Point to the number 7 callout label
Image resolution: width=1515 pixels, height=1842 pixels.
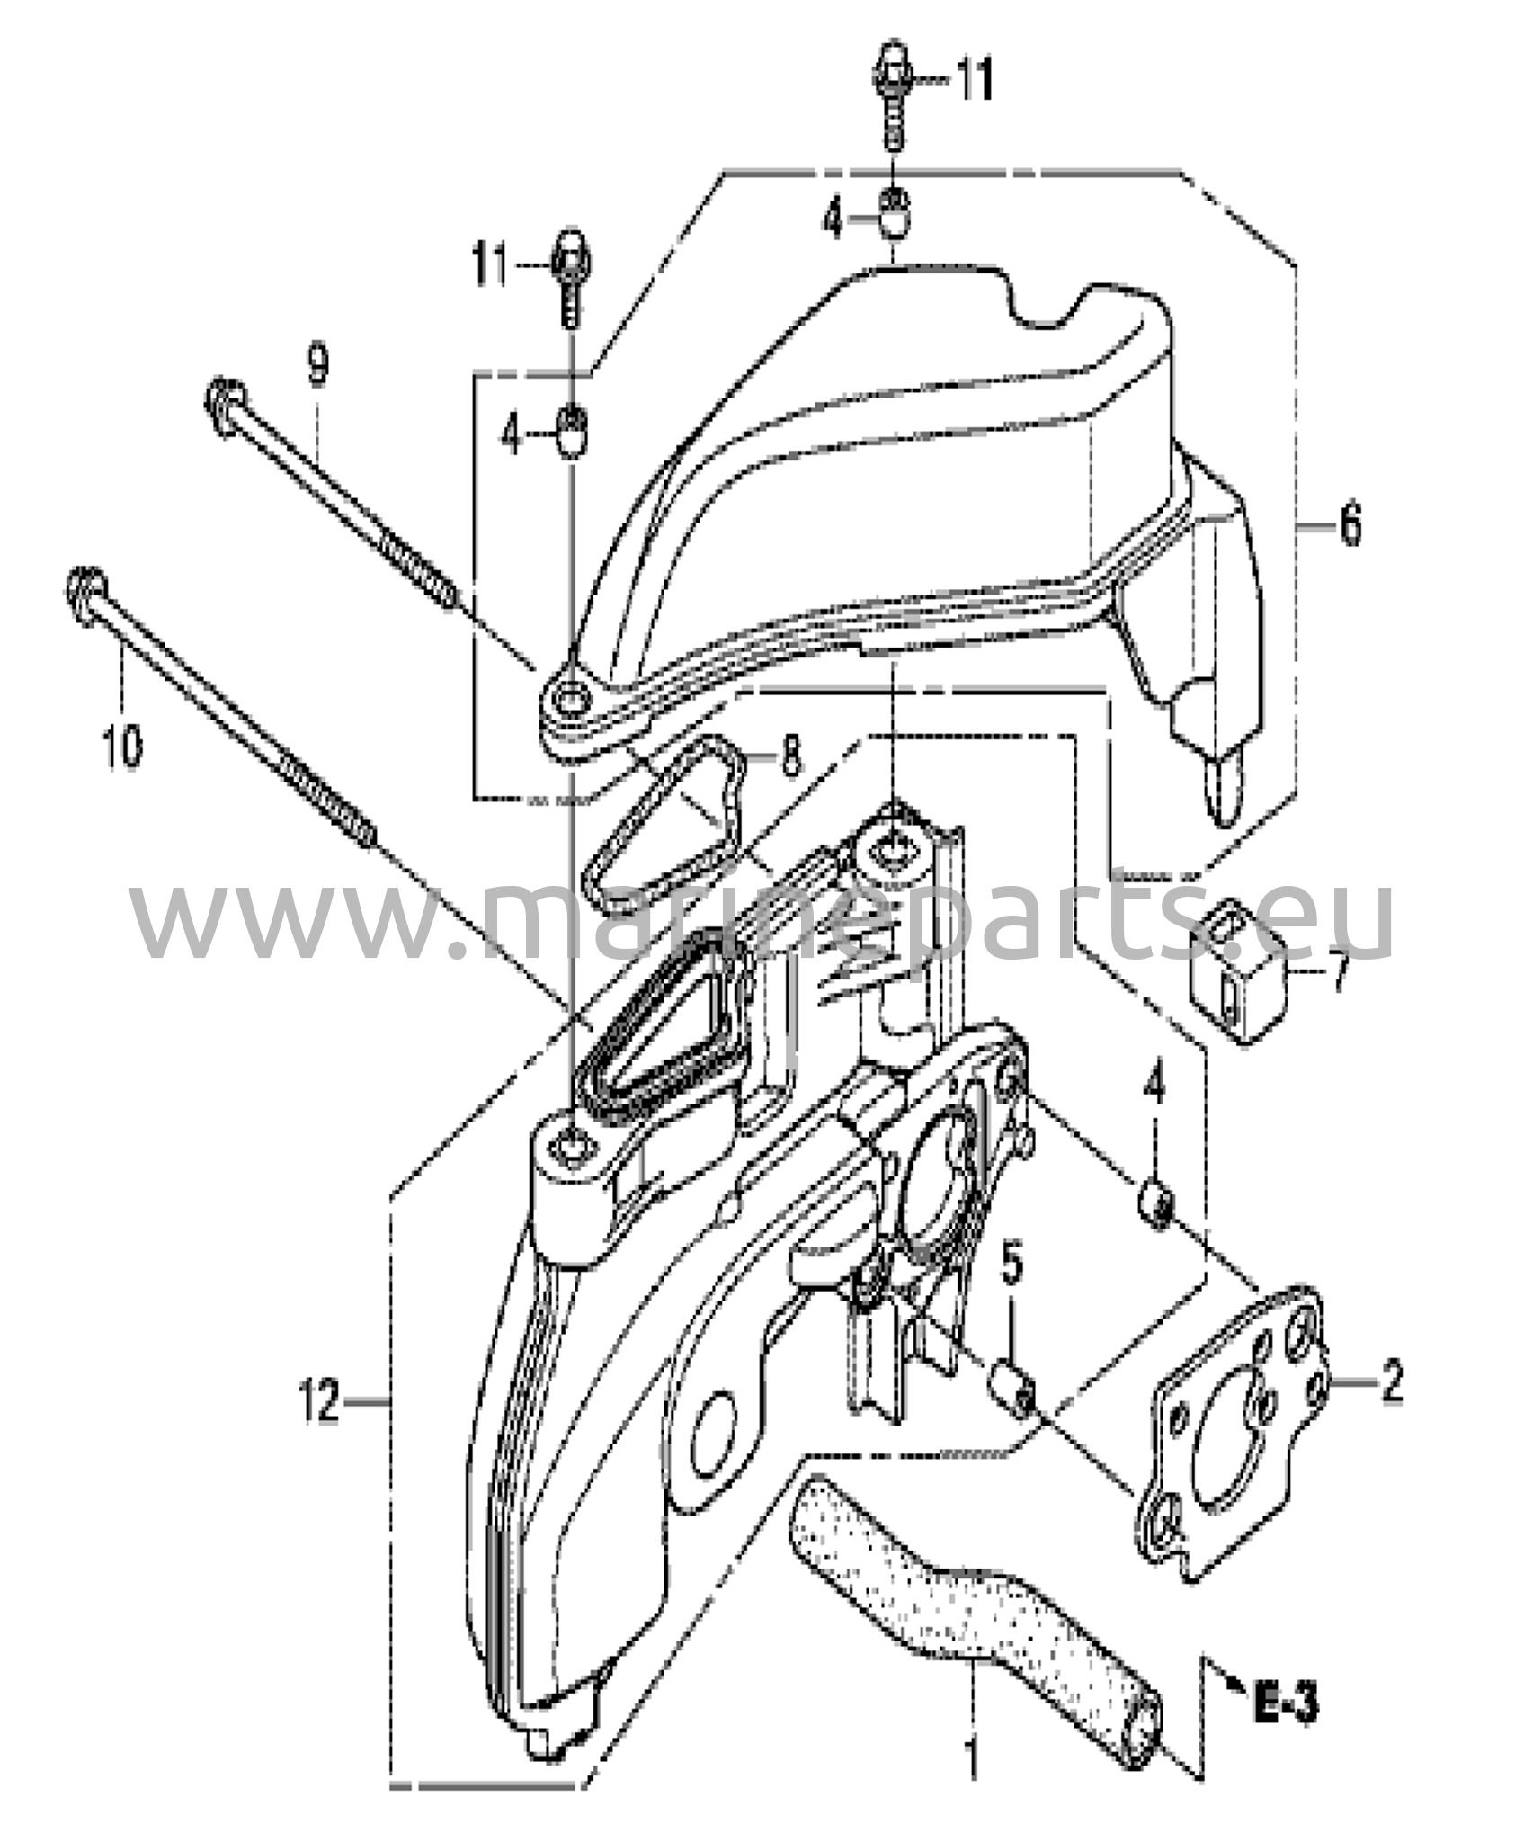(x=1339, y=974)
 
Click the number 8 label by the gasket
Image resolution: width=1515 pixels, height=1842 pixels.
(x=789, y=757)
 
